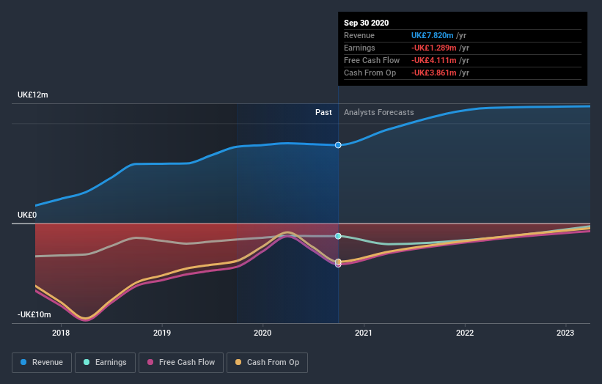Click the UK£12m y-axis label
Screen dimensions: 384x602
point(33,95)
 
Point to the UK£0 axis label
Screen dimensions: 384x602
point(27,215)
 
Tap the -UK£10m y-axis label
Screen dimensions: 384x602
point(34,314)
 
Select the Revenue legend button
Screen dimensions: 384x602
point(43,362)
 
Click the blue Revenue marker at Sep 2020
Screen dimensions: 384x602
point(338,145)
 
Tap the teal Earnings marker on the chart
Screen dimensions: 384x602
point(338,236)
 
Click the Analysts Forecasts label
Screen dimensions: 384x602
point(378,112)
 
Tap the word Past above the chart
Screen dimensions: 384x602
point(323,112)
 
